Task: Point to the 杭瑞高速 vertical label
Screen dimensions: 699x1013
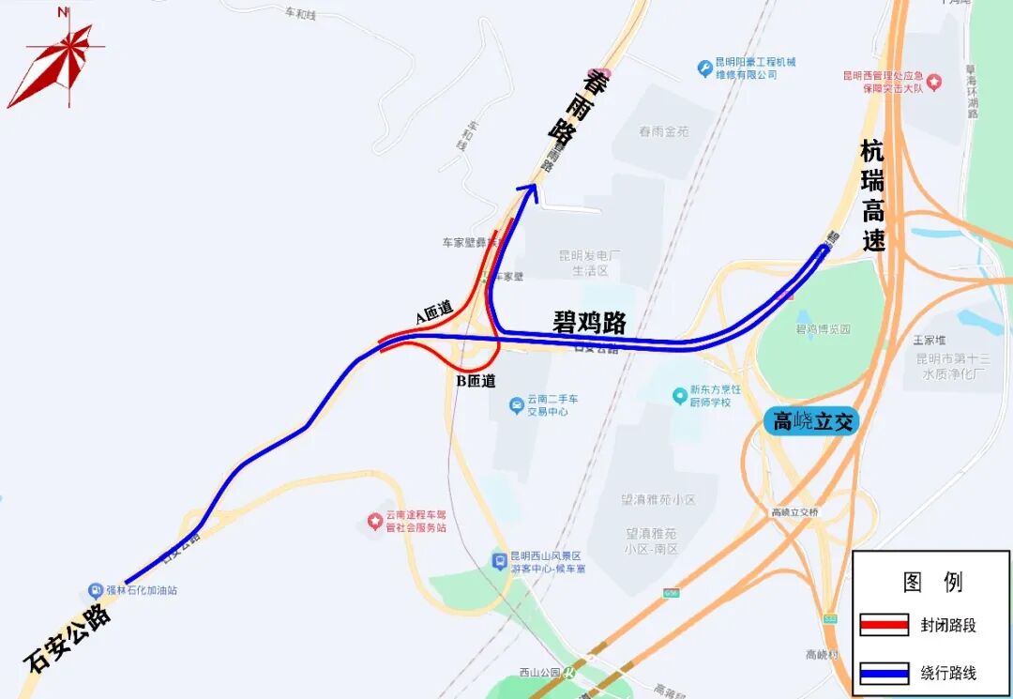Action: coord(873,195)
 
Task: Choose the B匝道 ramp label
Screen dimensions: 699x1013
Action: coord(476,381)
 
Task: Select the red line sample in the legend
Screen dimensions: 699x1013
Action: coord(884,625)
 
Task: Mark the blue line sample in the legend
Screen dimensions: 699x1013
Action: coord(884,673)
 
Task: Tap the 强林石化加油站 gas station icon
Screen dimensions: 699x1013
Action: coord(96,590)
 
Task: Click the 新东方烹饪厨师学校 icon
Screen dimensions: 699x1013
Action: coord(680,396)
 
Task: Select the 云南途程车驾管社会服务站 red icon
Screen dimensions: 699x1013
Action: coord(374,519)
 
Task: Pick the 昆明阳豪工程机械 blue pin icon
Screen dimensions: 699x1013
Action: coord(704,68)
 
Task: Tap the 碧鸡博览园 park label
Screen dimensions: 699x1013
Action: coord(823,329)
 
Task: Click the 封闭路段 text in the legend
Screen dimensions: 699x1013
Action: coord(947,625)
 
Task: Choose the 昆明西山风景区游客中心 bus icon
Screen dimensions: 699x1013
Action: coord(500,561)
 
